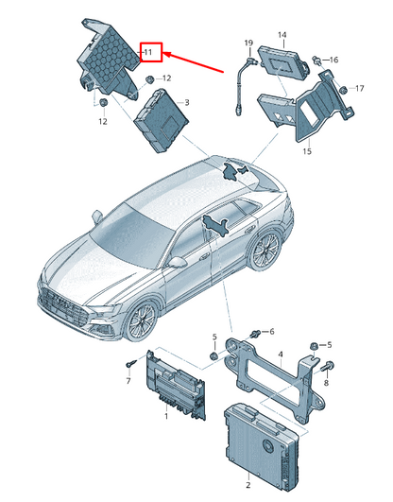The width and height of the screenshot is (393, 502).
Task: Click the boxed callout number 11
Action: [x=149, y=52]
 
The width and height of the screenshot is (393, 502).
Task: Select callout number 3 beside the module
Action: [x=186, y=102]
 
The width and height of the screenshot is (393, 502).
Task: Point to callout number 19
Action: [x=248, y=43]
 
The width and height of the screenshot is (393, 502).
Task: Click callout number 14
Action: [x=282, y=35]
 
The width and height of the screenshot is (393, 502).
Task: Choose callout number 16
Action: [x=333, y=60]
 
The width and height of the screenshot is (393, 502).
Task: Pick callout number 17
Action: [x=358, y=89]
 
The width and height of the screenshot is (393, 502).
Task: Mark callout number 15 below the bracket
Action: [x=306, y=150]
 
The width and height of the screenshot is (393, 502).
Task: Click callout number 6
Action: [x=271, y=332]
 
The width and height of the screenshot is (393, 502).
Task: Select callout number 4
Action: [x=281, y=355]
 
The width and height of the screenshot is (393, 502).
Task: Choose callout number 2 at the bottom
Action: [x=248, y=485]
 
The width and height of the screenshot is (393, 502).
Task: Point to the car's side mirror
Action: [x=177, y=262]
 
